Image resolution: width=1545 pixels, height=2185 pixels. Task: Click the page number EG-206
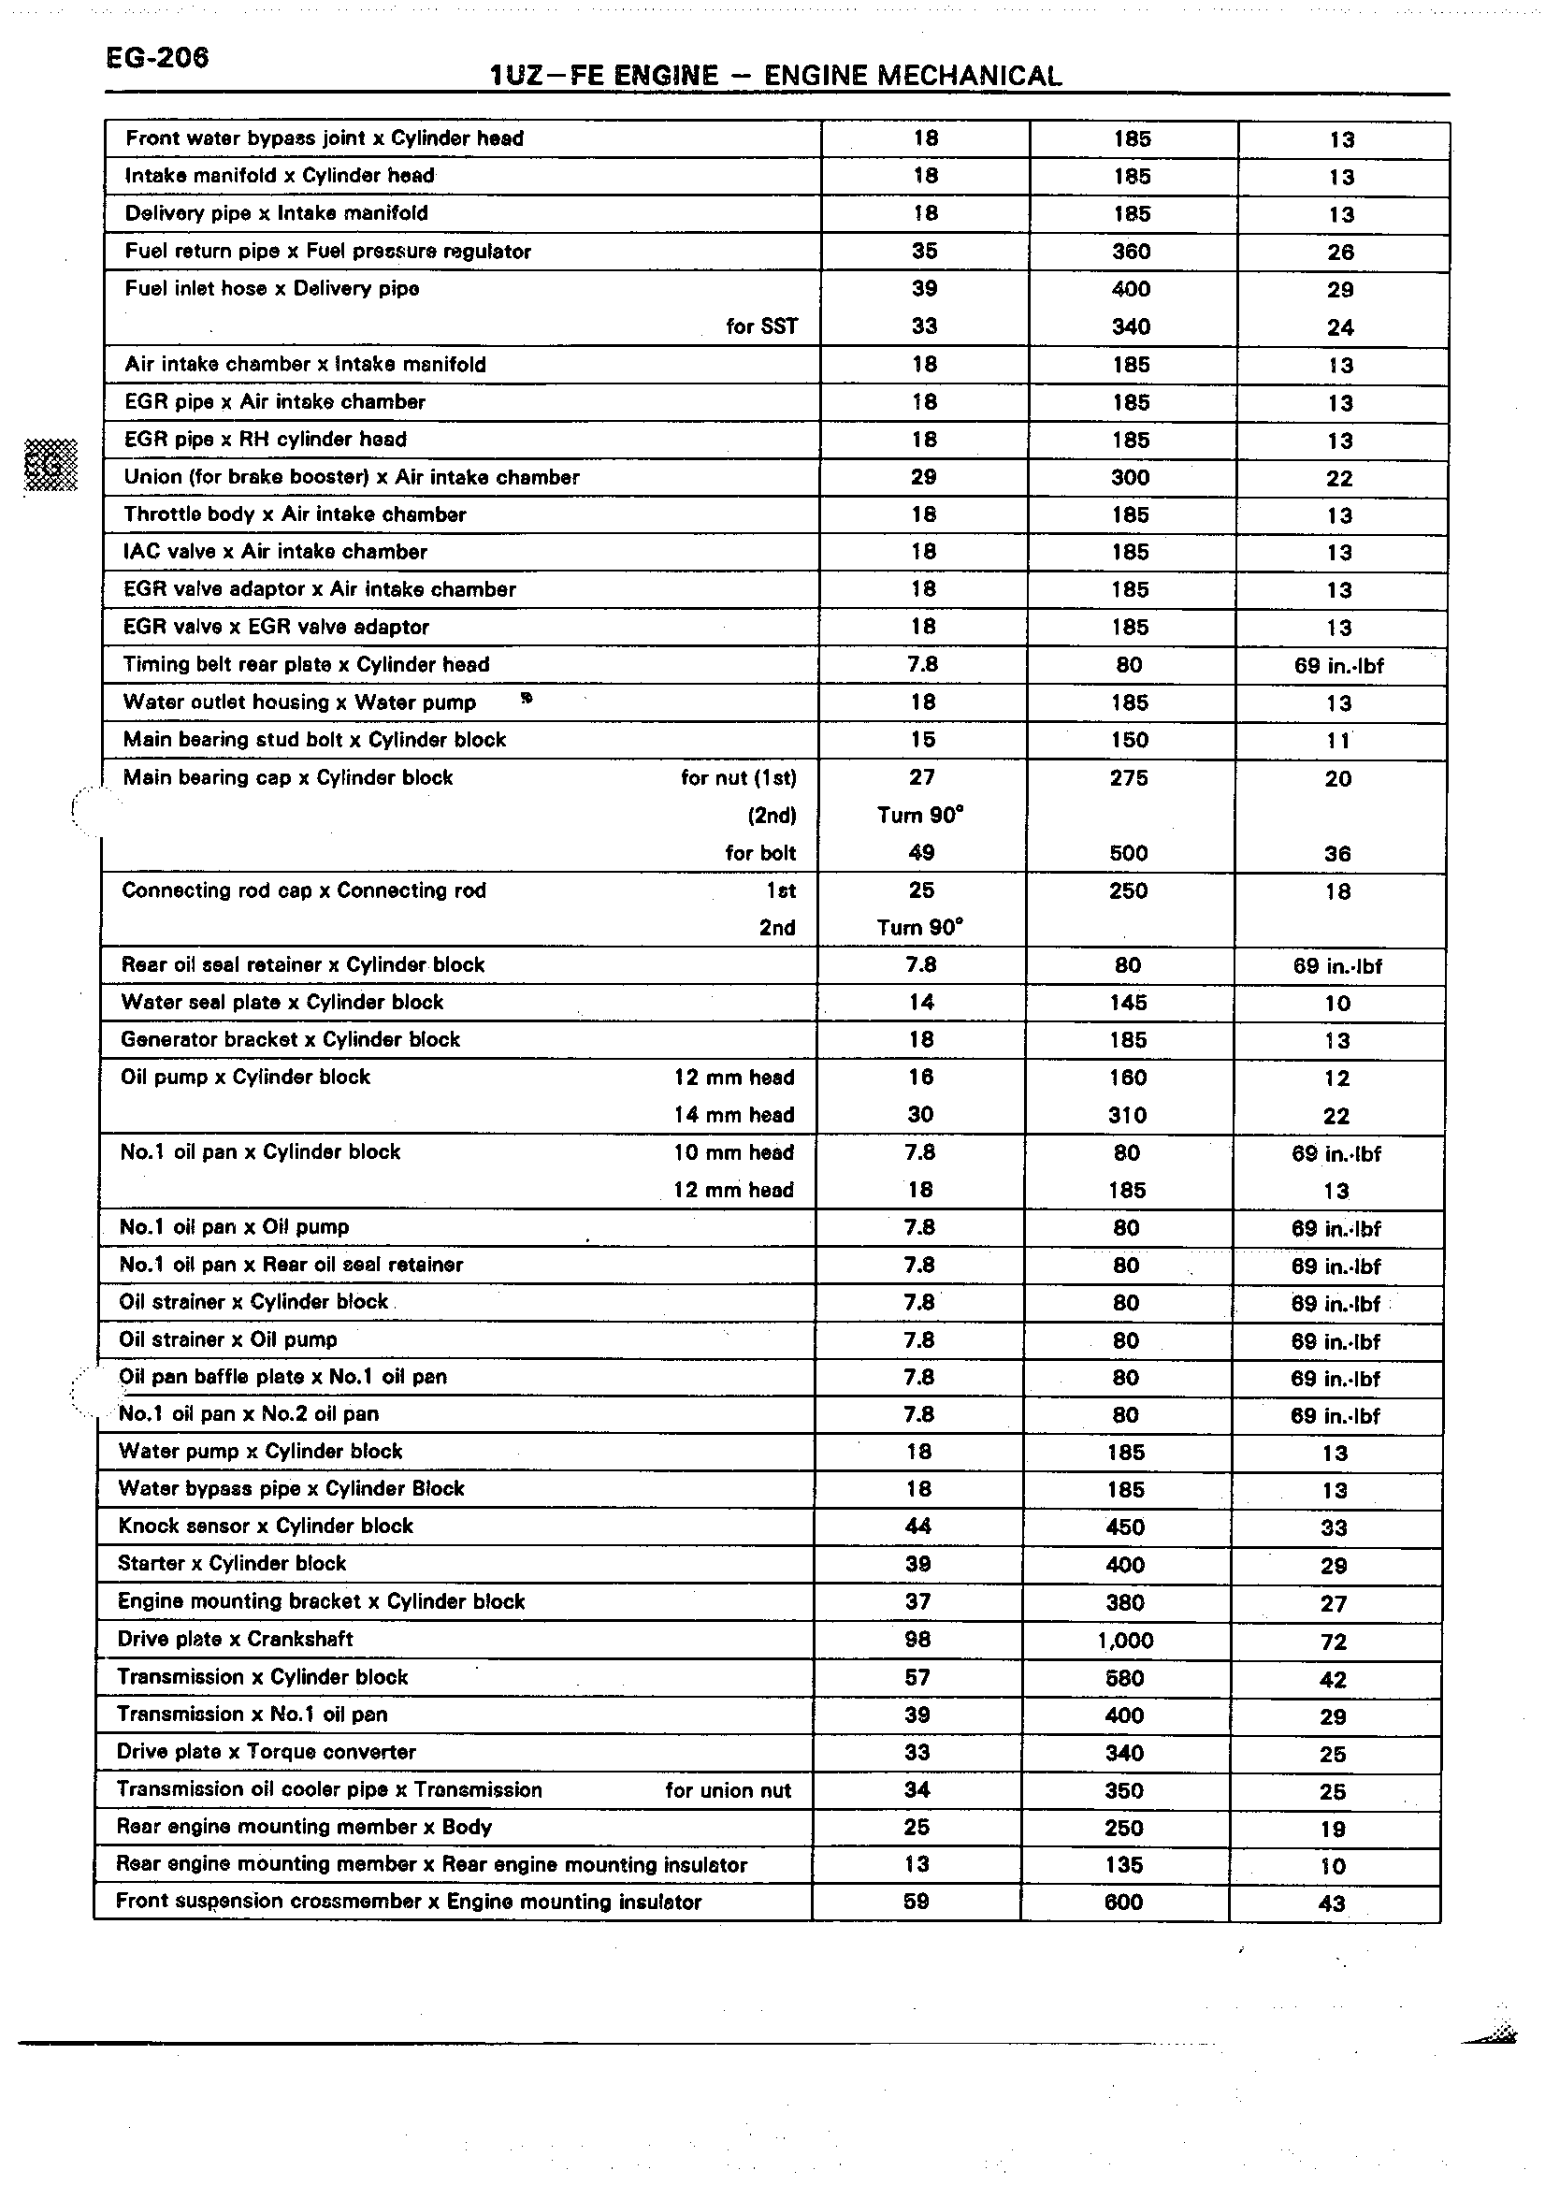[157, 58]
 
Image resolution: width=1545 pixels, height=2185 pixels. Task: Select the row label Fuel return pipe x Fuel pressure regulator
[327, 252]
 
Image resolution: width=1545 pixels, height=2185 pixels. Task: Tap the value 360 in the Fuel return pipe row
[1132, 252]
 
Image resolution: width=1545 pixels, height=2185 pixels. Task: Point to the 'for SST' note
[761, 326]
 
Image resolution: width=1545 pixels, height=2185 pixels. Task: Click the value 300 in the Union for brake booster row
[1130, 477]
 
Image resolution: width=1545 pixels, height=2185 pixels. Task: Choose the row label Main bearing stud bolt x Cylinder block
[314, 740]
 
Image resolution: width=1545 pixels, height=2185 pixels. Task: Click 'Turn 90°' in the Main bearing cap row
[920, 815]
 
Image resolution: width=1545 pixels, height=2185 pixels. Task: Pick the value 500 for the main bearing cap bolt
[1128, 853]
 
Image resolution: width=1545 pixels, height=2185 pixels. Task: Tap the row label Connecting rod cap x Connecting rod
[303, 890]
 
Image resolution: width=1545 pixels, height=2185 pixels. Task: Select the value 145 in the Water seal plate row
[1127, 1002]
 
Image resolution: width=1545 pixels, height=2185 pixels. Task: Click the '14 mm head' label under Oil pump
[733, 1114]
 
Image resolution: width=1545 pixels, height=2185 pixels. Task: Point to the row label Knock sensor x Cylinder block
[266, 1526]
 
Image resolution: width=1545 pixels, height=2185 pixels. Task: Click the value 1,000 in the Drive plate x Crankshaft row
[1124, 1640]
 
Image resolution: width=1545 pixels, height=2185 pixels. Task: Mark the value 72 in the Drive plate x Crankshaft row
[1334, 1642]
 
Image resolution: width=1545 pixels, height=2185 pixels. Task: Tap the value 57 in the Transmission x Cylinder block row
[917, 1677]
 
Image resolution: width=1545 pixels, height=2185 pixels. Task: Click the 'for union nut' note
[728, 1790]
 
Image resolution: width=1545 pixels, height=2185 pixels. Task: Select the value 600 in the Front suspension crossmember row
[1123, 1902]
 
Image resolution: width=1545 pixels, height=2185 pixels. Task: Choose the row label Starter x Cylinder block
[232, 1563]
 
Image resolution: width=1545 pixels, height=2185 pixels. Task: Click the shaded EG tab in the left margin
[50, 466]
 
